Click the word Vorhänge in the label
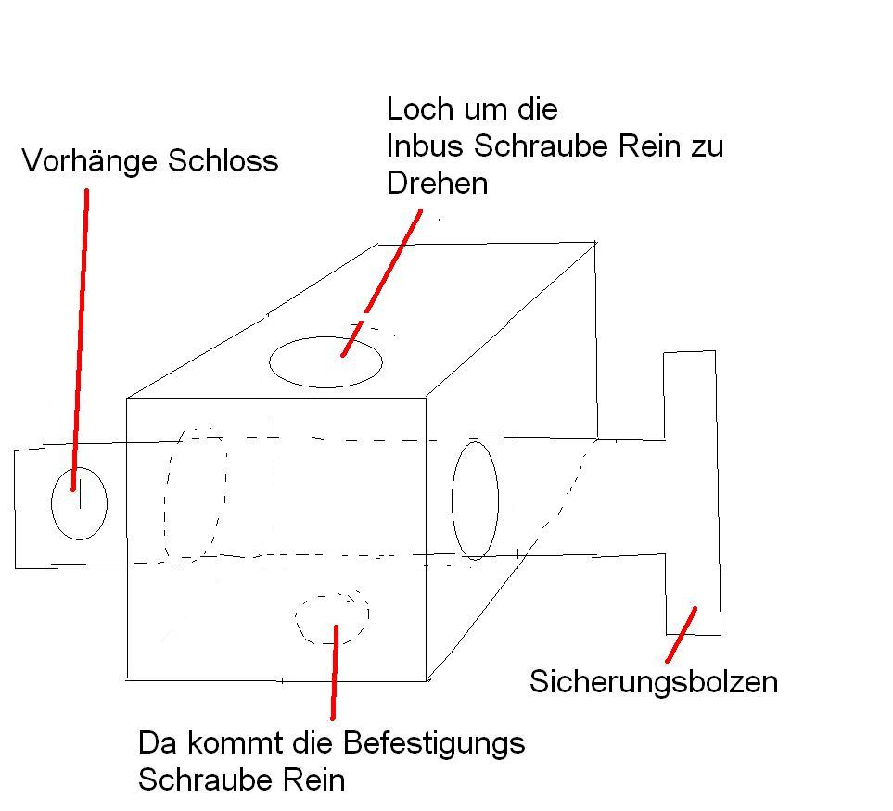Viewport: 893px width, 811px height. pyautogui.click(x=90, y=161)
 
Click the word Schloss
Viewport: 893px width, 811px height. pyautogui.click(x=223, y=161)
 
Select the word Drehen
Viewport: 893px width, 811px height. pyautogui.click(x=437, y=183)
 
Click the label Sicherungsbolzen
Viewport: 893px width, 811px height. pyautogui.click(x=653, y=682)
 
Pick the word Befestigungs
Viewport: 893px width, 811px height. pyautogui.click(x=434, y=742)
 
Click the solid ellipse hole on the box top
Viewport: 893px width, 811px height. pyautogui.click(x=325, y=361)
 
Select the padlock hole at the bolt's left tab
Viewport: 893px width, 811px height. pyautogui.click(x=79, y=503)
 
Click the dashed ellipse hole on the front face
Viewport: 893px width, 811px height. pyautogui.click(x=332, y=617)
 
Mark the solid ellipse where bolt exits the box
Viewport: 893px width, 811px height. pyautogui.click(x=475, y=500)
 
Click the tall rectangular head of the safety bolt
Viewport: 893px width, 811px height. pyautogui.click(x=692, y=491)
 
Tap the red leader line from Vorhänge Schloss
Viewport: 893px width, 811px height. pyautogui.click(x=81, y=334)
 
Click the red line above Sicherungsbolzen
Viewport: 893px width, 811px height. pyautogui.click(x=681, y=633)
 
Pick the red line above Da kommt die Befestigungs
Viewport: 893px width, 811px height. pyautogui.click(x=334, y=672)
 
